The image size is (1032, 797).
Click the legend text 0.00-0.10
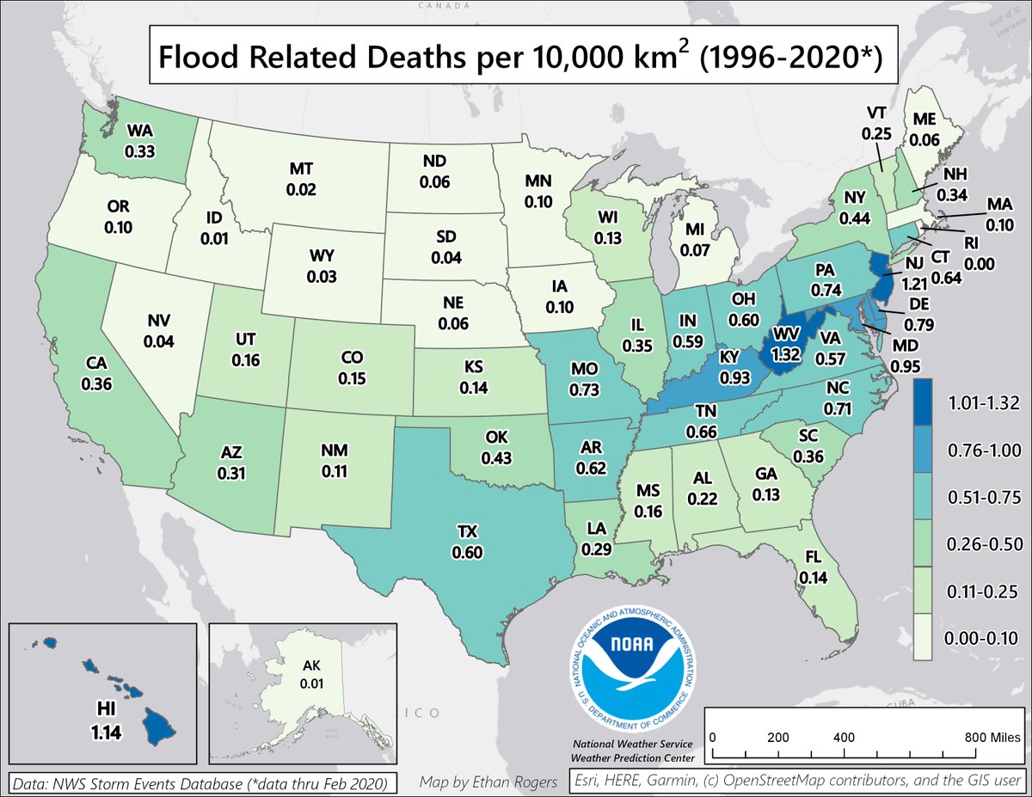point(982,637)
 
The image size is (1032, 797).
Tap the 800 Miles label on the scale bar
point(985,738)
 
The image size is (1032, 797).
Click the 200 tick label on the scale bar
point(777,738)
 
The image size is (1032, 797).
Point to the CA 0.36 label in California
point(96,377)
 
